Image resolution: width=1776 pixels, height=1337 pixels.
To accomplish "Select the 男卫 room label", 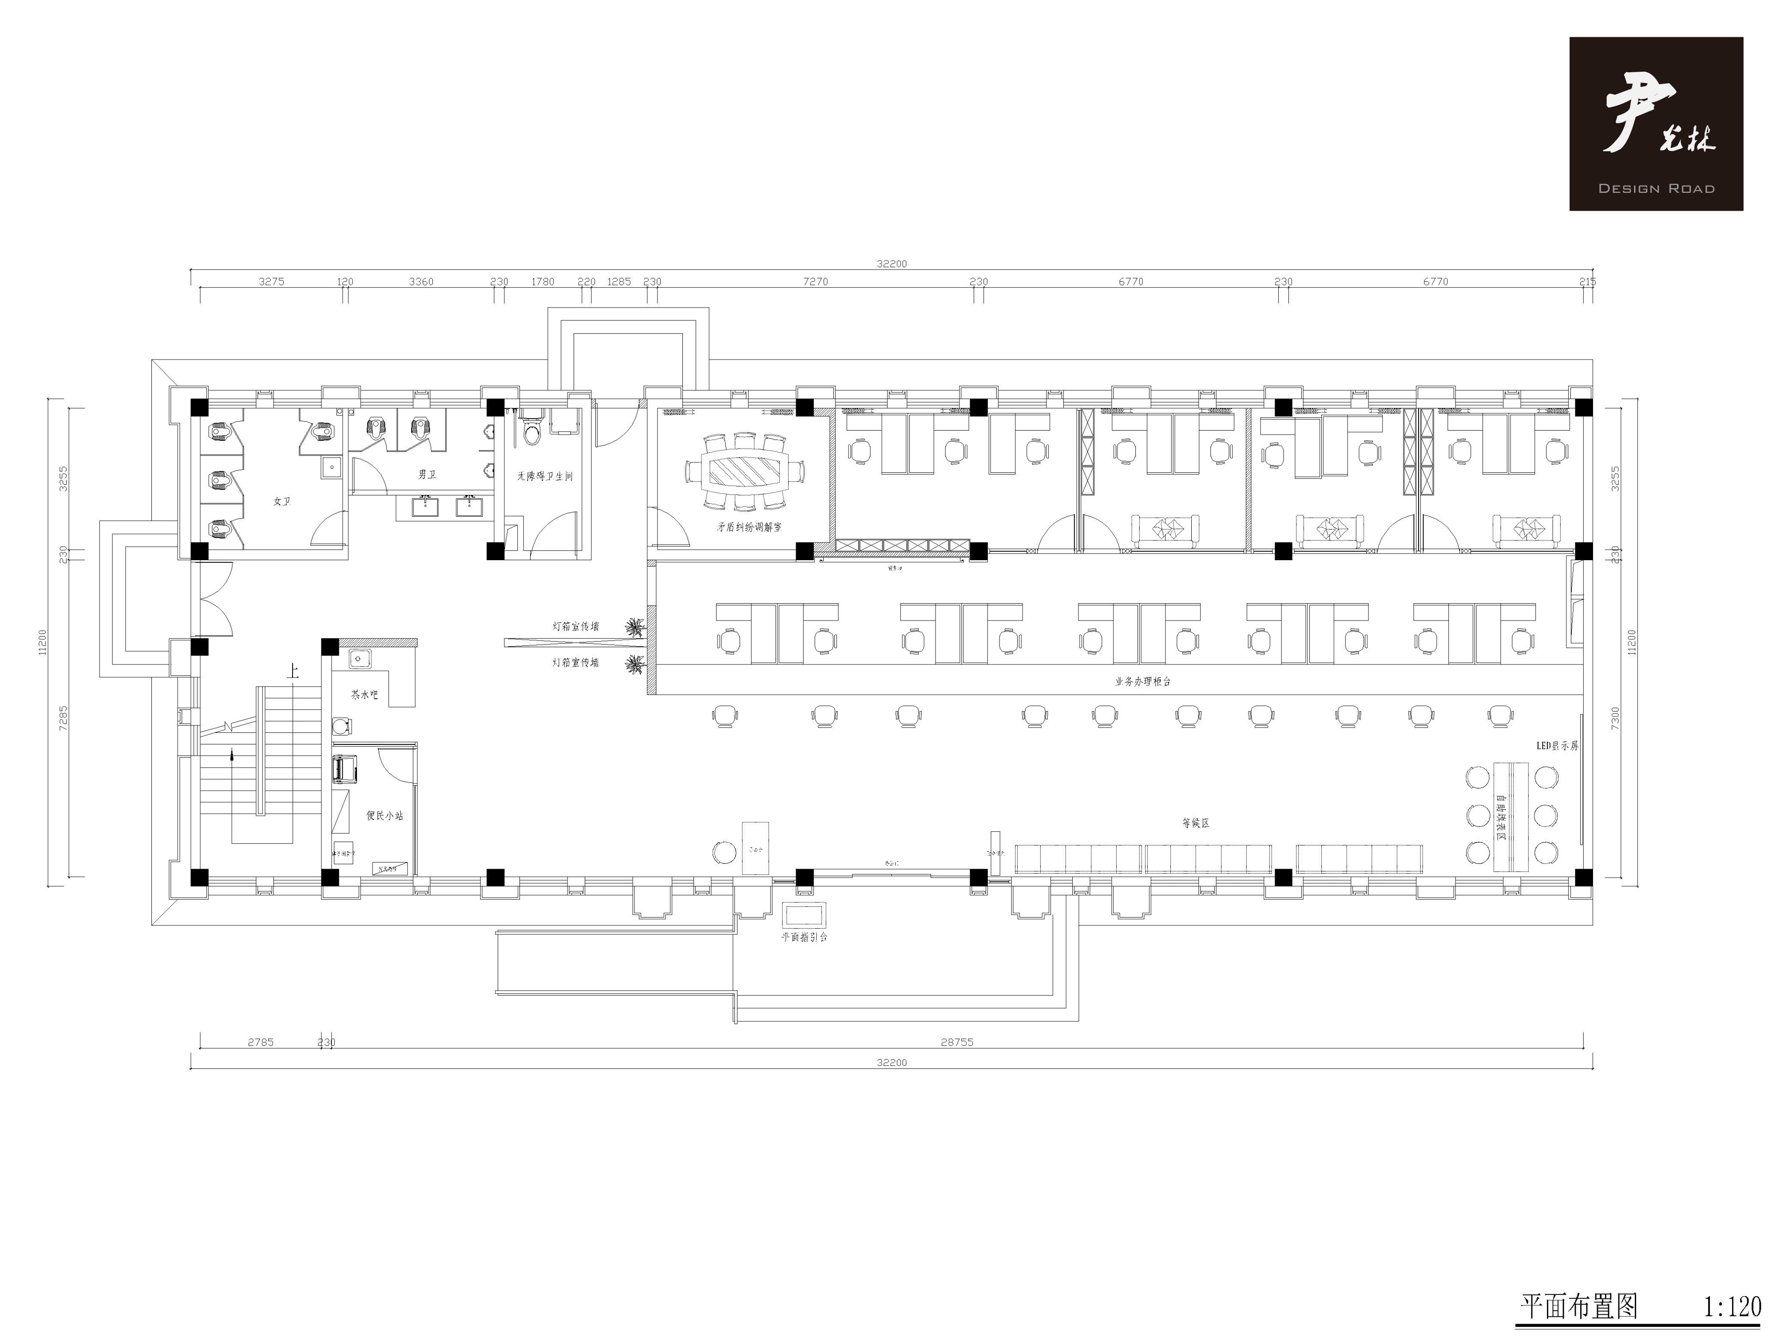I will pyautogui.click(x=426, y=475).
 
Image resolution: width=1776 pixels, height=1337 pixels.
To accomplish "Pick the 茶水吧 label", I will pyautogui.click(x=364, y=695).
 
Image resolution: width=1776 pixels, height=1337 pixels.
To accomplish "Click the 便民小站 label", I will pyautogui.click(x=385, y=815).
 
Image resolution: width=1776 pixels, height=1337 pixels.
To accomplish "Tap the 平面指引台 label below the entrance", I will pyautogui.click(x=805, y=937).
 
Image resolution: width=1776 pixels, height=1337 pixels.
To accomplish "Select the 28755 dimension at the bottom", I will pyautogui.click(x=957, y=1042).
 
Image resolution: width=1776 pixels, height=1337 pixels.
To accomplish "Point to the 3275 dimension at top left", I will pyautogui.click(x=271, y=282).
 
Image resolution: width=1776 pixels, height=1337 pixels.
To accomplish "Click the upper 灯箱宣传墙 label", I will pyautogui.click(x=576, y=626).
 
